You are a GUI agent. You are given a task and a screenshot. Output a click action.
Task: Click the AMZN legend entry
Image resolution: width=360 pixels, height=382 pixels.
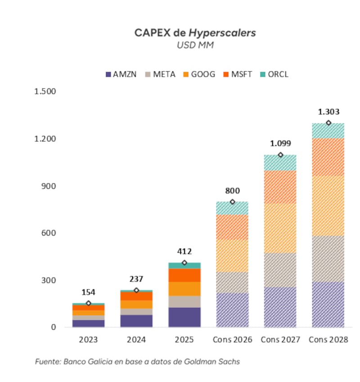click(121, 74)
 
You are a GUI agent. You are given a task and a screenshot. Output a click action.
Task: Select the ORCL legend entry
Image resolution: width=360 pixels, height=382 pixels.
click(274, 74)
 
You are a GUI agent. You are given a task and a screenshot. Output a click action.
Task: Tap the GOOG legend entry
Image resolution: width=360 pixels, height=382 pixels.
click(199, 74)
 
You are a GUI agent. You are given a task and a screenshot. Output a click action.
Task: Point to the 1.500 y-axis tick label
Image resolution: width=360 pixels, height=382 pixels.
click(45, 91)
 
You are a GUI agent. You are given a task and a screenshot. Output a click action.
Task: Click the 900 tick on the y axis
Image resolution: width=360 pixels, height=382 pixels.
click(49, 186)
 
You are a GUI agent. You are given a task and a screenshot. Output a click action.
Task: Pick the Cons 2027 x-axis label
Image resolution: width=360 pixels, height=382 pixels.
click(280, 340)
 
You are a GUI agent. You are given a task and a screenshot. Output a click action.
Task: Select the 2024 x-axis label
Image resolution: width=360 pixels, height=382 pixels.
click(136, 340)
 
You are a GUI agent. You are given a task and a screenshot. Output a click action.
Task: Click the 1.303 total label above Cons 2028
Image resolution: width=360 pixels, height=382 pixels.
click(328, 112)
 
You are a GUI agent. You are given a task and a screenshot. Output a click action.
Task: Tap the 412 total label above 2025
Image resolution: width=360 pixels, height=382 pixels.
click(184, 251)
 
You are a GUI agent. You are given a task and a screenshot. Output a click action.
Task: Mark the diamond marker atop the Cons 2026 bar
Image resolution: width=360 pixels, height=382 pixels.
click(233, 202)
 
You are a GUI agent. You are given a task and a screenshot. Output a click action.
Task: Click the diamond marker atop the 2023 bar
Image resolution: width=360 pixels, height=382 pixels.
click(89, 303)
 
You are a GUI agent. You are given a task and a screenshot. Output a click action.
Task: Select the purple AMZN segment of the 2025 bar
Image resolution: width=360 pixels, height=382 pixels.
click(184, 317)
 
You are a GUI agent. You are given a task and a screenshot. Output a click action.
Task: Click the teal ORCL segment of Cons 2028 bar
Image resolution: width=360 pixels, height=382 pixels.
click(328, 131)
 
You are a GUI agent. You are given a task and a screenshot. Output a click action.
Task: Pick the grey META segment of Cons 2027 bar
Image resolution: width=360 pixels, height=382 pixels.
click(280, 270)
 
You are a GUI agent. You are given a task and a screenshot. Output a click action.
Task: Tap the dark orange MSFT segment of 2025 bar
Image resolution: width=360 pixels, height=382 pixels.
click(184, 275)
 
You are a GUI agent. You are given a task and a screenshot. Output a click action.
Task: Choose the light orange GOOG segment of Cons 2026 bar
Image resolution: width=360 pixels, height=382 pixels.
click(232, 256)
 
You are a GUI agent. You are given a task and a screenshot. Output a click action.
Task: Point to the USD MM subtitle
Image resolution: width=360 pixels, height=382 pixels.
click(195, 45)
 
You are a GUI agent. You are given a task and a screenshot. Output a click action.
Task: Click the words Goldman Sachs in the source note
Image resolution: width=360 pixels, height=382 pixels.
click(212, 362)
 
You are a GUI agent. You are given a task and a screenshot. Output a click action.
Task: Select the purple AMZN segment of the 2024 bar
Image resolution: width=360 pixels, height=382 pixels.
click(136, 321)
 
